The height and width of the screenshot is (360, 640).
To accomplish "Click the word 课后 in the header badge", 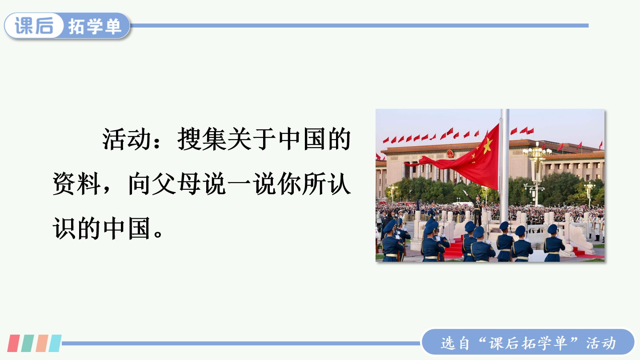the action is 34,26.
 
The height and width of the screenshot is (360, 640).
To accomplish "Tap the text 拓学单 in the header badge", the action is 95,26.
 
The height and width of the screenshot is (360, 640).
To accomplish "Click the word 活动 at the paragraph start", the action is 126,139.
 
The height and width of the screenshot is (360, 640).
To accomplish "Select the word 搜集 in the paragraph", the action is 202,139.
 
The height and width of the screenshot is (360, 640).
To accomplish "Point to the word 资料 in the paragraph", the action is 76,184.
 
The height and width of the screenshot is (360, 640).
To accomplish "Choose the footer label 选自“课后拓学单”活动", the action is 528,343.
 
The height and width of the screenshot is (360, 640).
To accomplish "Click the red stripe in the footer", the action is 13,343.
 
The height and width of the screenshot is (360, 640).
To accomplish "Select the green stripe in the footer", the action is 28,343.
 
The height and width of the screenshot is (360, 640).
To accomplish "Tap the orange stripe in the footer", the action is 42,343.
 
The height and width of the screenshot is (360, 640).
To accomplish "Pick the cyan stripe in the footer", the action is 55,343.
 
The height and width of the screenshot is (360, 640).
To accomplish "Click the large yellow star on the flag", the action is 488,145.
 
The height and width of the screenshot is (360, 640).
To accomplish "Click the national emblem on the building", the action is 450,154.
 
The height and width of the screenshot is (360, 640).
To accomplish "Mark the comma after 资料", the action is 107,190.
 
